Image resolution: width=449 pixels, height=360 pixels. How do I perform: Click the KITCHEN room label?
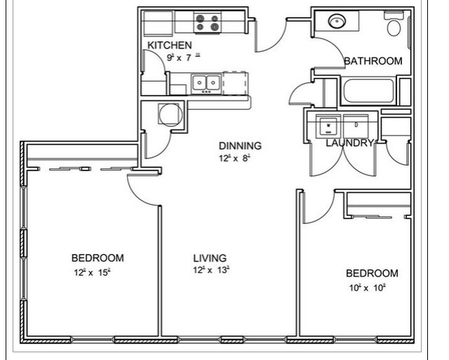[x=169, y=45]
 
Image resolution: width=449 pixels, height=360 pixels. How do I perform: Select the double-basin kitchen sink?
[x=206, y=84]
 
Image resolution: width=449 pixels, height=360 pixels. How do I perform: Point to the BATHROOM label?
[x=373, y=61]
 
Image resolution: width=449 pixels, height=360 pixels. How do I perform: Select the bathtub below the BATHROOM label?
[x=369, y=91]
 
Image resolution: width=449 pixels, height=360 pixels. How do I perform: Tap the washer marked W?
[x=328, y=126]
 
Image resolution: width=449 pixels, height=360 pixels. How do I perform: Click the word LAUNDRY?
[x=349, y=143]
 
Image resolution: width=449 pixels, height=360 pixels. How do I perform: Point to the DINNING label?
[x=239, y=146]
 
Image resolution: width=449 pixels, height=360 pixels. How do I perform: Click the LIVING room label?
[x=210, y=258]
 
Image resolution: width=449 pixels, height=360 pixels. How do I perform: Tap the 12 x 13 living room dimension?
[x=211, y=270]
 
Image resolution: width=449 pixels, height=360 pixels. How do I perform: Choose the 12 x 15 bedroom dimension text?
[x=92, y=272]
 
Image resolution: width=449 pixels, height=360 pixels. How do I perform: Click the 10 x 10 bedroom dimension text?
[x=368, y=288]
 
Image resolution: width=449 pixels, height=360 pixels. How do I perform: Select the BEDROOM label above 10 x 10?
[x=372, y=273]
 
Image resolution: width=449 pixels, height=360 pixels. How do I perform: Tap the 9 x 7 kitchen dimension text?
[x=183, y=58]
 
